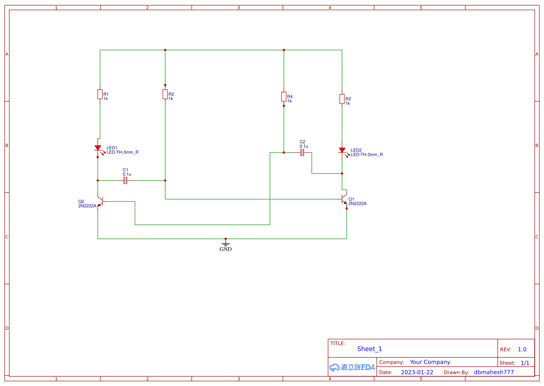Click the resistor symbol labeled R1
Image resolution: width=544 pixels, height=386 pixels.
click(100, 94)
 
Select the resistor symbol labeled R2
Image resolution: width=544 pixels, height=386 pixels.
click(165, 95)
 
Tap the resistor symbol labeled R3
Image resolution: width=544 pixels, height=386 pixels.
click(342, 99)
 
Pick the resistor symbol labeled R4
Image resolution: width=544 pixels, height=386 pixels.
click(284, 96)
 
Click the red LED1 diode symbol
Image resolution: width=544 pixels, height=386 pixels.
click(98, 148)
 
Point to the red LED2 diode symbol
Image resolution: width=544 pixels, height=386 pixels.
click(342, 151)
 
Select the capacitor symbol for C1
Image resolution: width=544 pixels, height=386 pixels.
click(125, 180)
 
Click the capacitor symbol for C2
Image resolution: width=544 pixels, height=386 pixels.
click(302, 152)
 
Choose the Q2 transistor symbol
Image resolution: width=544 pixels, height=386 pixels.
click(100, 202)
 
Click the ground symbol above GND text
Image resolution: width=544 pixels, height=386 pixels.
click(226, 243)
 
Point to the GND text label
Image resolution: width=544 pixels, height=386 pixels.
click(226, 249)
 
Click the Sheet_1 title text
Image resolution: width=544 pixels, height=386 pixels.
click(369, 349)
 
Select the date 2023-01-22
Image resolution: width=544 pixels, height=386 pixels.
click(416, 372)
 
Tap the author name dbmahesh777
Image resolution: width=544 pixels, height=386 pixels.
click(494, 372)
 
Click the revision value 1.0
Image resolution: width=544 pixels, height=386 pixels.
click(522, 349)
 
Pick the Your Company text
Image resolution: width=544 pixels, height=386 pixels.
click(430, 362)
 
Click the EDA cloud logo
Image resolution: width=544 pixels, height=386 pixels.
click(352, 367)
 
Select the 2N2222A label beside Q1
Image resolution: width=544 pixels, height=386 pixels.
click(357, 204)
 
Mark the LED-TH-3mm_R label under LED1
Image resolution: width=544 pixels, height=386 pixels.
click(122, 152)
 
